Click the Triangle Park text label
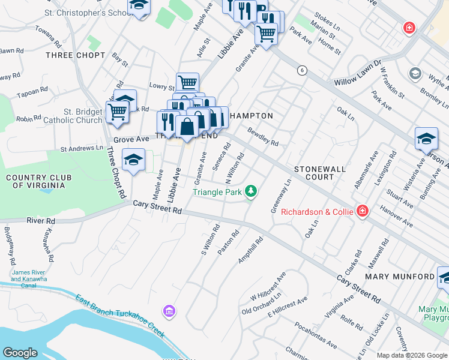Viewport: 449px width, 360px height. click(x=217, y=192)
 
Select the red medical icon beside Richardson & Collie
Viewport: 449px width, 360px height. click(x=362, y=211)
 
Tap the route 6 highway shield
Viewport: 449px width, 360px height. click(x=301, y=71)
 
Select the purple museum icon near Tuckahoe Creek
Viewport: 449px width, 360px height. click(x=169, y=311)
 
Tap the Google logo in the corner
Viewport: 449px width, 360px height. click(x=20, y=353)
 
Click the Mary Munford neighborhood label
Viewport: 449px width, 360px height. click(x=400, y=277)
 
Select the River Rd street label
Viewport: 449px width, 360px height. click(x=40, y=221)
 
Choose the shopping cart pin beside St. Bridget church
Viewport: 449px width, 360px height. click(x=117, y=112)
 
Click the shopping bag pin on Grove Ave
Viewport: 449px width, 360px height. click(x=187, y=127)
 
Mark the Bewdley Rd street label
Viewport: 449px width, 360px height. click(x=263, y=137)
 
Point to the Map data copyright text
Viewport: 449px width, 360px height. click(x=411, y=355)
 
